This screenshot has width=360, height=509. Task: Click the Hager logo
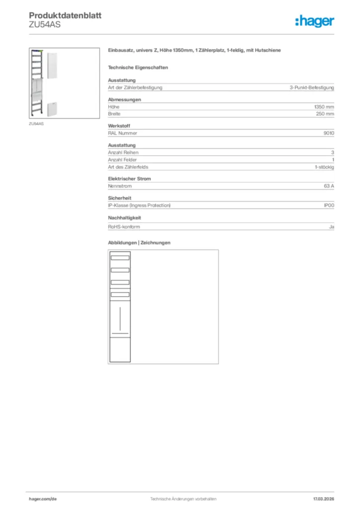pyautogui.click(x=314, y=21)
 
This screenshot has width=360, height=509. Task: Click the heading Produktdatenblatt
pyautogui.click(x=65, y=15)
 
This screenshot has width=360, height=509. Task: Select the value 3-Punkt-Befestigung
pyautogui.click(x=312, y=87)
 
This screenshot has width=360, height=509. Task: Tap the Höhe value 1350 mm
pyautogui.click(x=324, y=107)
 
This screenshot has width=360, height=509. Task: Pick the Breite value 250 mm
pyautogui.click(x=325, y=114)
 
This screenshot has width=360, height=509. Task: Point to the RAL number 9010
pyautogui.click(x=329, y=133)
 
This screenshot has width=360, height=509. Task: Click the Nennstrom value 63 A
pyautogui.click(x=329, y=185)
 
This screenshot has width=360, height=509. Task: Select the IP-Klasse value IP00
pyautogui.click(x=329, y=205)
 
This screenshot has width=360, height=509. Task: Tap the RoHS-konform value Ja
pyautogui.click(x=331, y=227)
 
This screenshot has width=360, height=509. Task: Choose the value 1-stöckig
pyautogui.click(x=324, y=167)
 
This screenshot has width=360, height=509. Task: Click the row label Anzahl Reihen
pyautogui.click(x=123, y=153)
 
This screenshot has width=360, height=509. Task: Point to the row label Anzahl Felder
pyautogui.click(x=123, y=160)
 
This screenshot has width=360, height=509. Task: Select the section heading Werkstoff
pyautogui.click(x=119, y=126)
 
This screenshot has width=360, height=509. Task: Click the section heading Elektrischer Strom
pyautogui.click(x=129, y=178)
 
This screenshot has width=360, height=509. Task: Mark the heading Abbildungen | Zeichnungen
pyautogui.click(x=139, y=243)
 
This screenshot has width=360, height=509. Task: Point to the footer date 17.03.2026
pyautogui.click(x=323, y=499)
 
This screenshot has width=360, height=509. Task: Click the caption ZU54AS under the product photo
pyautogui.click(x=36, y=123)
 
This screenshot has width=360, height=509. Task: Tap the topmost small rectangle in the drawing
pyautogui.click(x=120, y=257)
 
